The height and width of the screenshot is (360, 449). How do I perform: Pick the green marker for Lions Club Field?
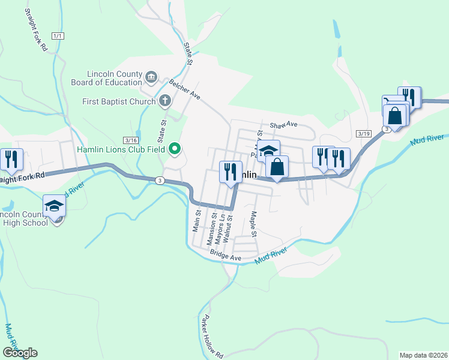coord(175,148)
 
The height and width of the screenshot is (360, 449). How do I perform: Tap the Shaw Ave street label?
coord(283,125)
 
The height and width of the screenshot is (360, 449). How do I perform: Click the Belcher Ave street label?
coord(184,89)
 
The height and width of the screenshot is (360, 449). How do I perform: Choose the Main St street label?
coord(196,221)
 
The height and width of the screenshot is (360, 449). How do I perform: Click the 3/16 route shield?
coord(130,139)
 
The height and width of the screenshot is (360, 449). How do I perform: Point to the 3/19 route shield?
coord(363,133)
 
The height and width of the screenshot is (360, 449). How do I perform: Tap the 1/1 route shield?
coord(58,36)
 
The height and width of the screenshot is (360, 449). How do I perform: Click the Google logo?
coord(19,352)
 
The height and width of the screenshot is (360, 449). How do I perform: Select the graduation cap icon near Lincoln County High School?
coord(55,205)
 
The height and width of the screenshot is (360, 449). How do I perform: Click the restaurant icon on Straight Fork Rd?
coord(12,159)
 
